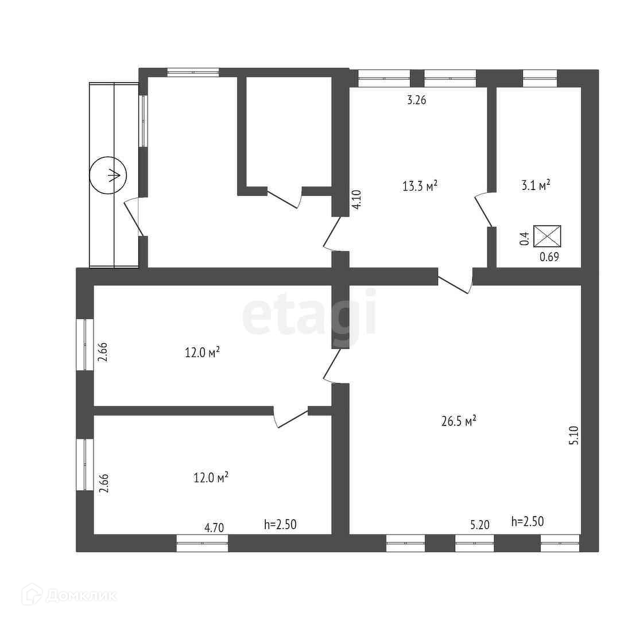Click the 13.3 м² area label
(420, 185)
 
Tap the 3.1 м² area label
(536, 185)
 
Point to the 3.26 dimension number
(416, 100)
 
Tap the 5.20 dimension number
(480, 524)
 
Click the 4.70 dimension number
(214, 526)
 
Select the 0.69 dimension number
(549, 257)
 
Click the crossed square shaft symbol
(547, 236)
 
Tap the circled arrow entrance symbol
(108, 176)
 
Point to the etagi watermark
(310, 313)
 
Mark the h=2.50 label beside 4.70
(280, 524)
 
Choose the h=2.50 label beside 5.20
(527, 521)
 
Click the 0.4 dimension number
(524, 239)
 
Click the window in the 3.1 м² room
(540, 78)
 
